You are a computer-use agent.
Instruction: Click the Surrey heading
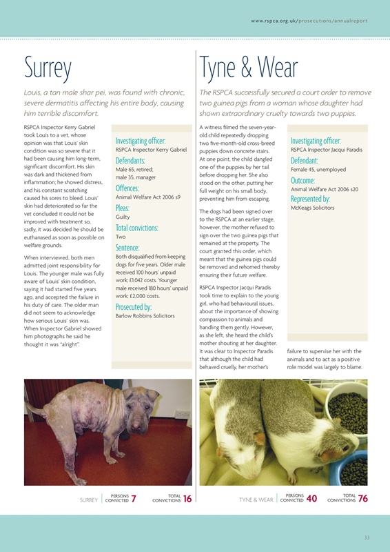pyautogui.click(x=48, y=69)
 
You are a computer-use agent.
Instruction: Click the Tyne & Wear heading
pyautogui.click(x=248, y=69)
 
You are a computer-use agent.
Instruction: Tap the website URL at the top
pyautogui.click(x=309, y=21)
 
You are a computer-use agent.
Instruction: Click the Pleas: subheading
pyautogui.click(x=123, y=207)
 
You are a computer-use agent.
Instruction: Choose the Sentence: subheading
pyautogui.click(x=127, y=246)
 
